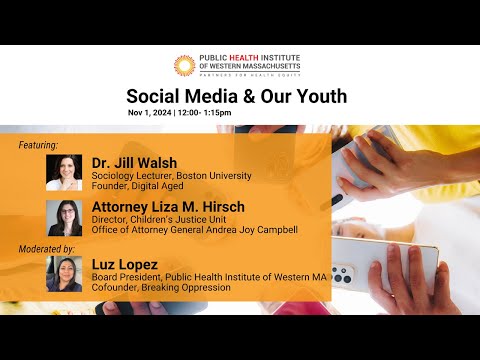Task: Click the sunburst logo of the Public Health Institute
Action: coord(185,66)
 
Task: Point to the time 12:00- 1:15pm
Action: coord(205,113)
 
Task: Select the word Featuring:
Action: coord(38,145)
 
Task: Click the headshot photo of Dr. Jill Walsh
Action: coord(64,172)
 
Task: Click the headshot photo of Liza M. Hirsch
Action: coord(64,218)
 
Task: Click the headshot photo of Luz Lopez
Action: coord(64,274)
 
